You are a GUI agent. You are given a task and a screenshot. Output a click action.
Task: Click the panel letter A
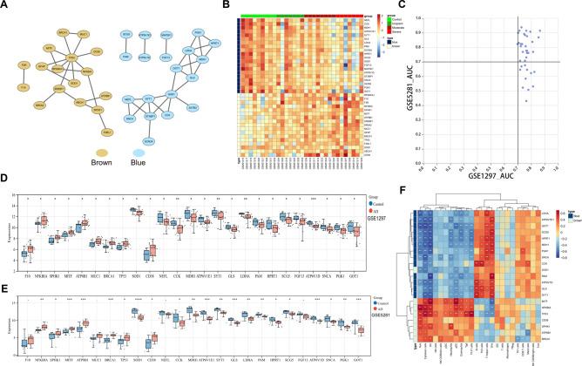tap(6, 5)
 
